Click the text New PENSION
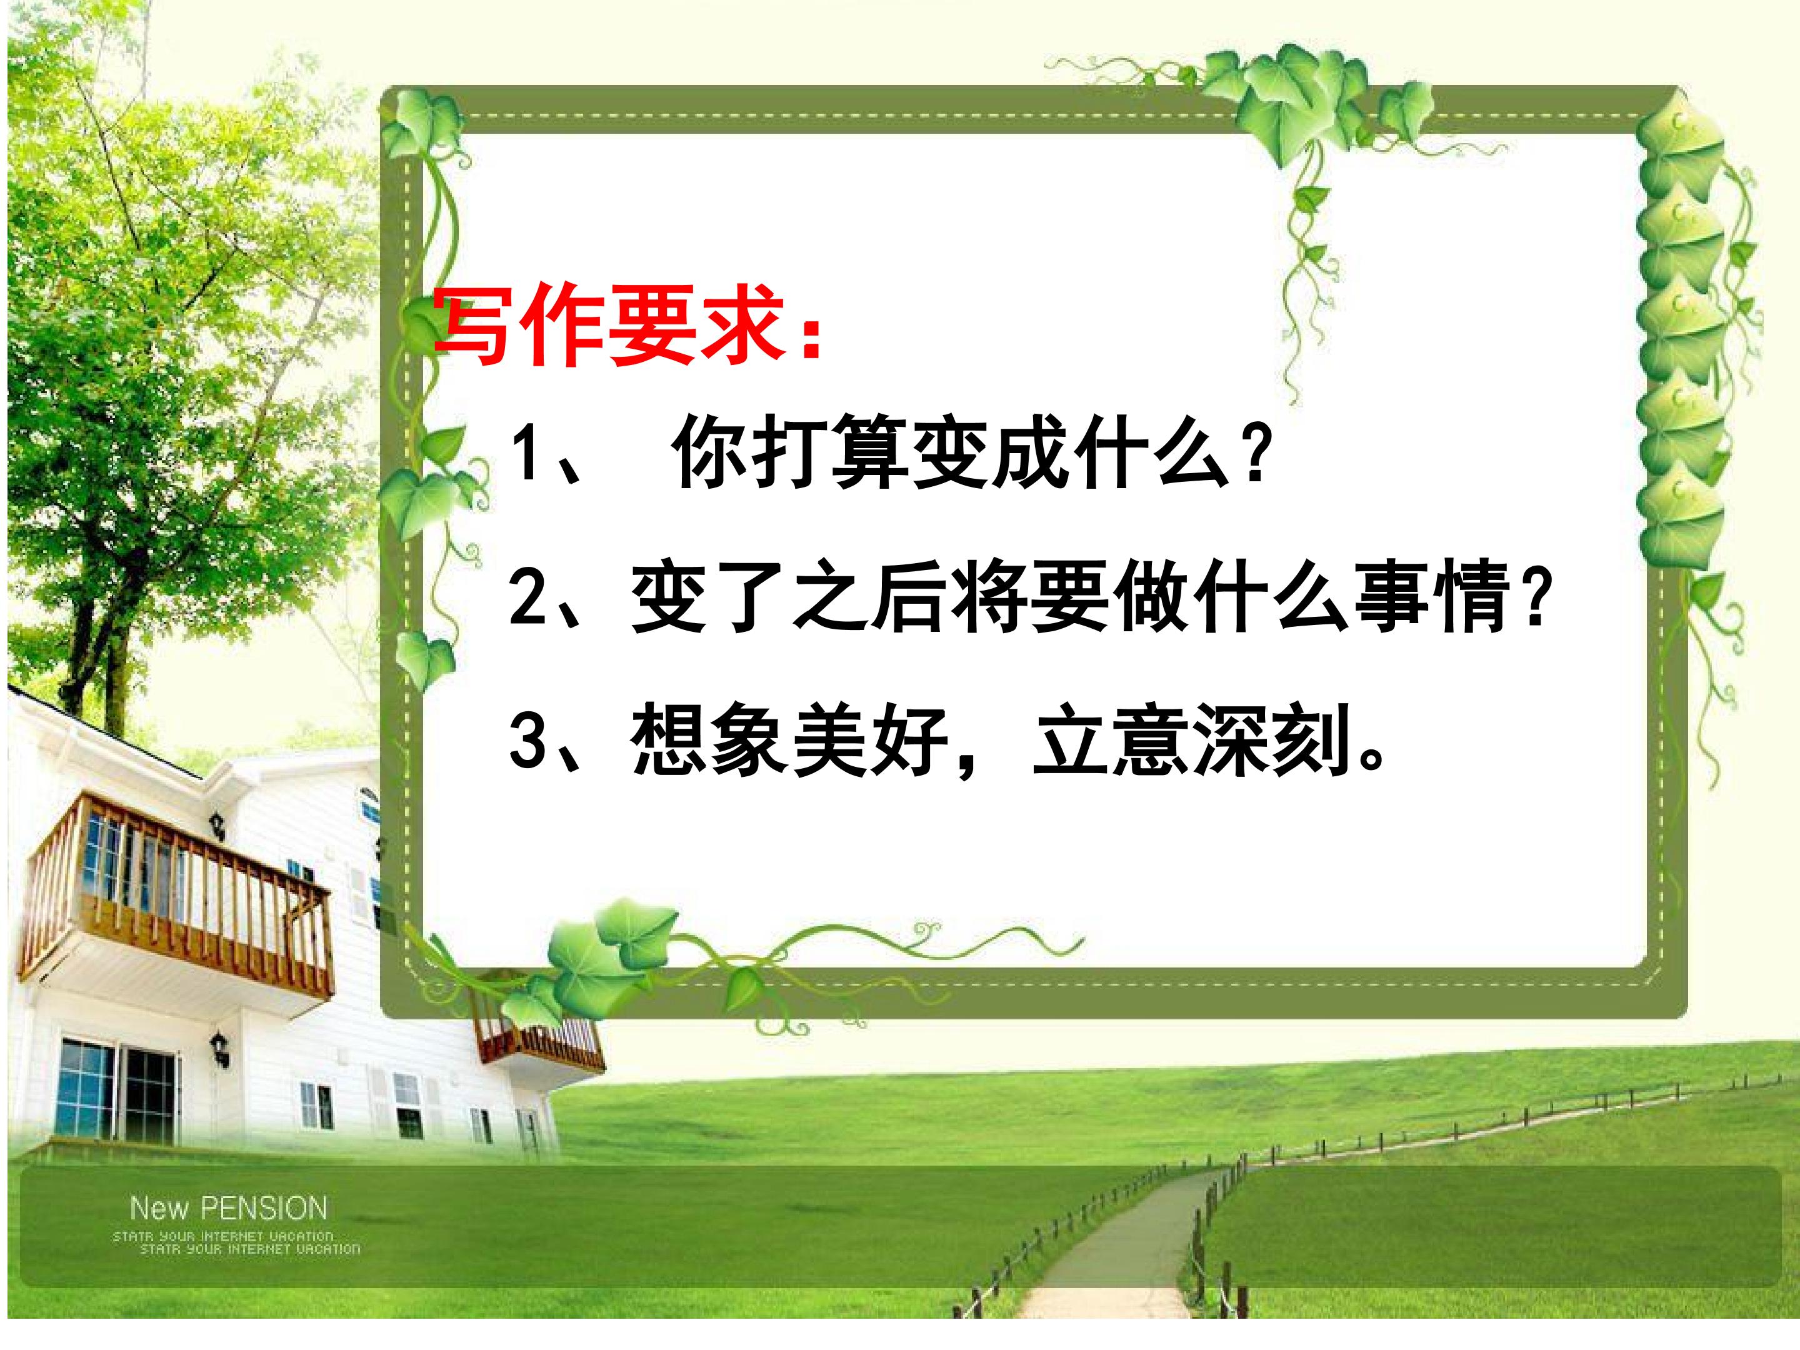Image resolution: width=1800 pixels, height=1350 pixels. click(229, 1207)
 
